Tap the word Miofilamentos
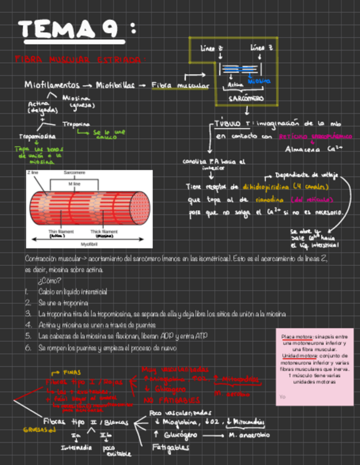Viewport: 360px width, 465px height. [50, 85]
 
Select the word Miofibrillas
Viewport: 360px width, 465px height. [115, 85]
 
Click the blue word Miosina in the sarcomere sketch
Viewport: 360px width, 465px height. [259, 81]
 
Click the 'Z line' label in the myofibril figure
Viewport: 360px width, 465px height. [32, 173]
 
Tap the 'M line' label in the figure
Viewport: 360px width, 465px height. [74, 184]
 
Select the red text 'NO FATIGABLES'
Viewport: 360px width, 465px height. [172, 400]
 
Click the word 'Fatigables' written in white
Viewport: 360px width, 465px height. [171, 447]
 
